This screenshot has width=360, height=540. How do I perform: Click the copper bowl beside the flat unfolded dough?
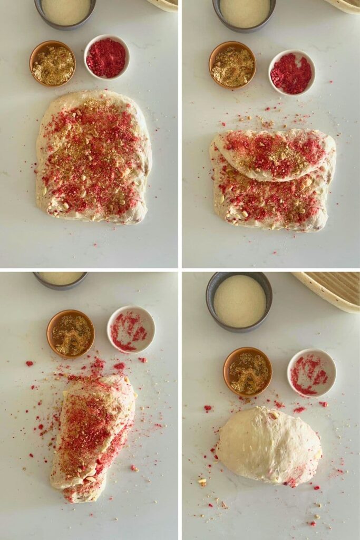[x=52, y=63]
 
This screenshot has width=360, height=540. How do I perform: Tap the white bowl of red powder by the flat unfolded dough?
[x=106, y=57]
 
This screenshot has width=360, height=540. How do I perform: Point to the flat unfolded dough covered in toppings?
[x=93, y=157]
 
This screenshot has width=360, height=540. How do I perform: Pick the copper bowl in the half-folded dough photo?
[x=232, y=65]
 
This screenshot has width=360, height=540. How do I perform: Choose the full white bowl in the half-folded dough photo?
[x=291, y=72]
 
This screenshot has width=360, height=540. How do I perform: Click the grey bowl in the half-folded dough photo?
[x=245, y=13]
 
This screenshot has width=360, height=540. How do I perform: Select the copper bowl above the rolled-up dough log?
[x=71, y=333]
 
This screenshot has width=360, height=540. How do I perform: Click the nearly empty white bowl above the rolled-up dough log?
[x=131, y=330]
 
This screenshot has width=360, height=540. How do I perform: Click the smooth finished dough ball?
[x=269, y=446]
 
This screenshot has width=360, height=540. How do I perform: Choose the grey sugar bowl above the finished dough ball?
[x=239, y=301]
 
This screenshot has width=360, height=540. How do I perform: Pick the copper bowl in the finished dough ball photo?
[x=248, y=371]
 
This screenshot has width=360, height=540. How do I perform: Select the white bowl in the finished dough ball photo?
[x=312, y=372]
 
